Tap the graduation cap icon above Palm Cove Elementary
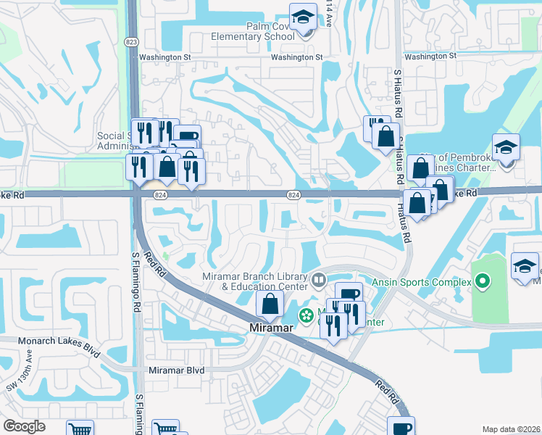pos(303,17)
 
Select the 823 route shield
pos(132,41)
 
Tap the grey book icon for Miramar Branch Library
pos(319,279)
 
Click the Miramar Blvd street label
pos(176,370)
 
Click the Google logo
pos(24,426)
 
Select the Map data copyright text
pos(510,429)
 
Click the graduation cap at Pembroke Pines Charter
pos(506,148)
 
